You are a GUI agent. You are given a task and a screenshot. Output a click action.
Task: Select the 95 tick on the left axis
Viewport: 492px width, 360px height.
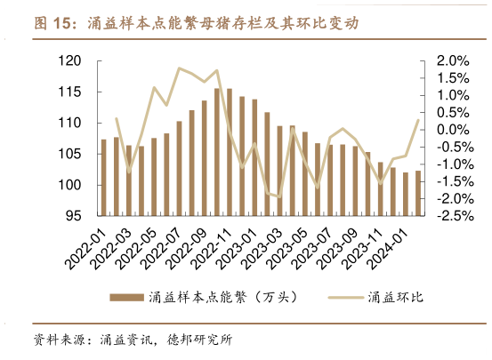73,216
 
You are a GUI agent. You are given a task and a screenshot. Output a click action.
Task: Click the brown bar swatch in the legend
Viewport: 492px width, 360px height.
125,297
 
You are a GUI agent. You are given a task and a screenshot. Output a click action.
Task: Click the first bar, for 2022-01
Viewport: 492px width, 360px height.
103,178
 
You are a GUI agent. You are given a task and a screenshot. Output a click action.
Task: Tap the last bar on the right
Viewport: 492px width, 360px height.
418,194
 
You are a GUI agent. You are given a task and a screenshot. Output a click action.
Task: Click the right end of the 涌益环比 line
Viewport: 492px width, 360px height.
418,121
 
